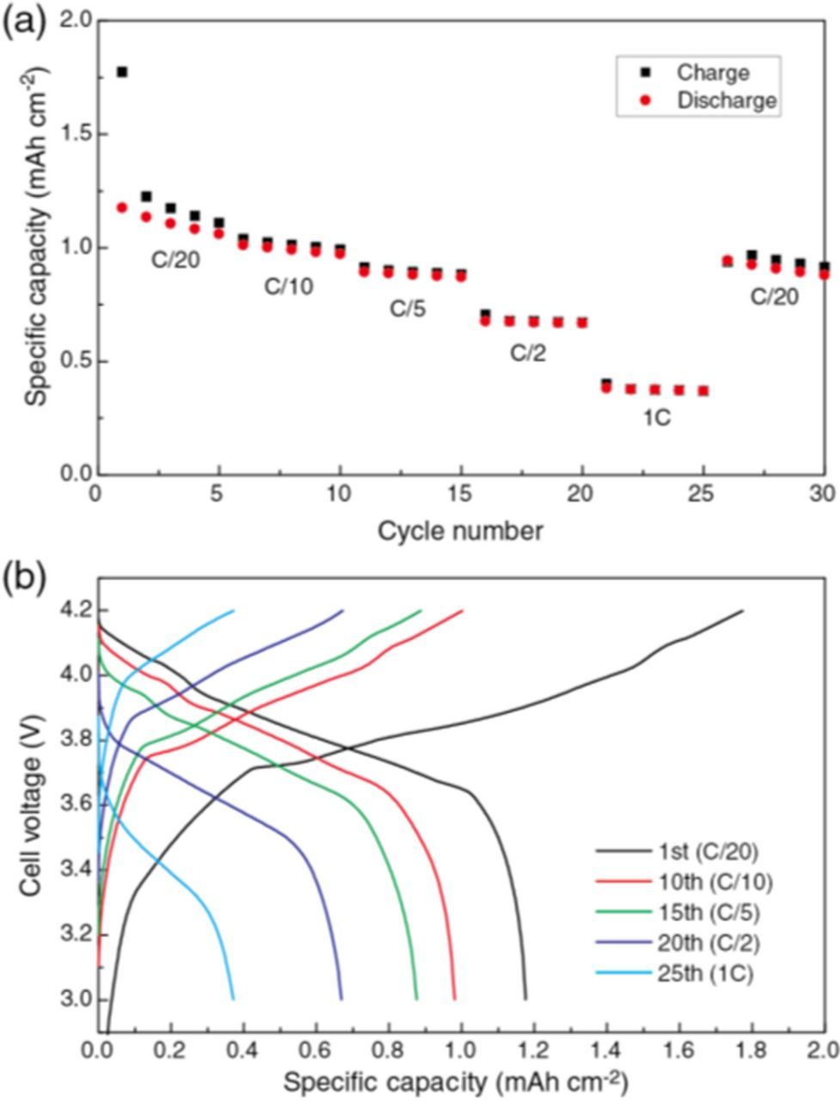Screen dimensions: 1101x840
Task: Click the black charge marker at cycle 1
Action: coord(122,71)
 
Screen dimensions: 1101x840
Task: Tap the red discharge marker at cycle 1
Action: coord(122,207)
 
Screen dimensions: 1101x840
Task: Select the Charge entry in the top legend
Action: coord(713,72)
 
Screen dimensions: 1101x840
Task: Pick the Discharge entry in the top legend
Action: coord(727,101)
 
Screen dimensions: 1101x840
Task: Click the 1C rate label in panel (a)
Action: coord(659,419)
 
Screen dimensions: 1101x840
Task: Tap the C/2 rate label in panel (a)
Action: coord(528,353)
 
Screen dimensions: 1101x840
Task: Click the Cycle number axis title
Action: coord(460,532)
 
